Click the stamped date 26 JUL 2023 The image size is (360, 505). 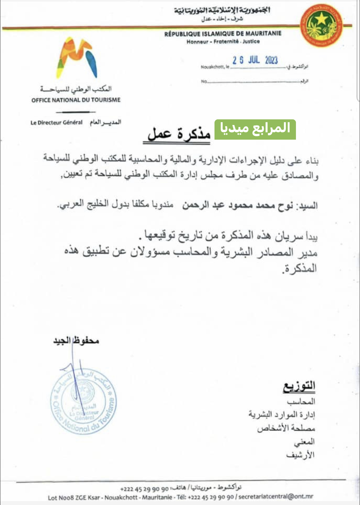coord(255,60)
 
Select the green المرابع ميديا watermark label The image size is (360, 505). coord(255,129)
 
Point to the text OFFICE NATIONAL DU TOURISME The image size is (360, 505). coord(76,100)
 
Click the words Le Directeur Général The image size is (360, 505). coord(57,123)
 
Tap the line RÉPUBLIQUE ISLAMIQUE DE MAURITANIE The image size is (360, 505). coord(223,34)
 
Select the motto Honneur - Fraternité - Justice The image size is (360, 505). coord(223,41)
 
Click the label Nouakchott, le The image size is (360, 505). coord(215,67)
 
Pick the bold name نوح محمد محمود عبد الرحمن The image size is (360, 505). coord(237,205)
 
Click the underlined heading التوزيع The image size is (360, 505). coord(299,386)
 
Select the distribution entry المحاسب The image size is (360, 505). coord(301,402)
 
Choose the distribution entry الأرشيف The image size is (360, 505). coord(300,455)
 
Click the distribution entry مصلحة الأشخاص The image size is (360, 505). coord(286,428)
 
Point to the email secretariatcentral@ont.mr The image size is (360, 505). coord(276,497)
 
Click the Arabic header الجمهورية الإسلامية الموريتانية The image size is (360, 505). coord(222,10)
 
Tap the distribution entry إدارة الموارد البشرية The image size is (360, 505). coord(281,415)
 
